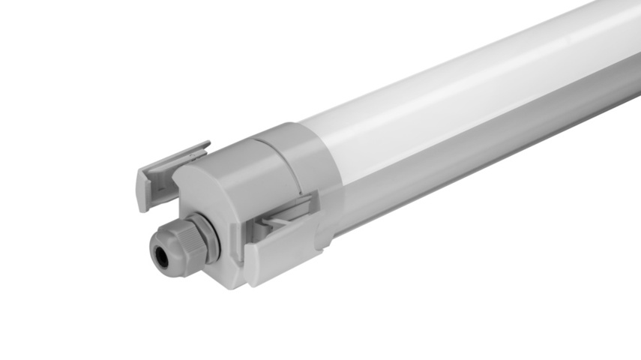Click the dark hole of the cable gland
tap(161, 256)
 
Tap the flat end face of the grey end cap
tap(217, 202)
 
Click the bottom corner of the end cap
tap(237, 283)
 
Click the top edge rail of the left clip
tap(176, 154)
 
